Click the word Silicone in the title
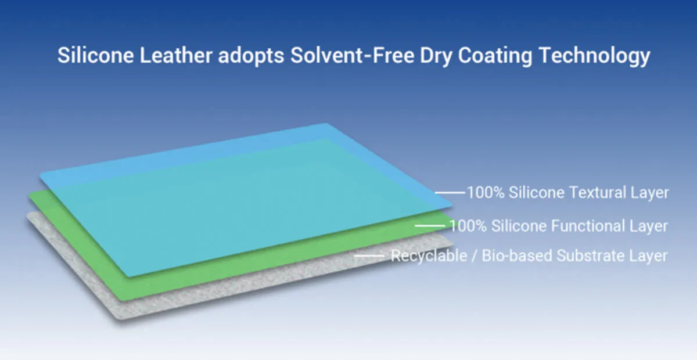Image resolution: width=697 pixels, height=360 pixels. click(95, 55)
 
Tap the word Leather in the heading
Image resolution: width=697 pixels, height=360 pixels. click(176, 55)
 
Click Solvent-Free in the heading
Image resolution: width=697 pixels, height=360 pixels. click(352, 55)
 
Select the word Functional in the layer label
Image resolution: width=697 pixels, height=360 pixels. click(588, 226)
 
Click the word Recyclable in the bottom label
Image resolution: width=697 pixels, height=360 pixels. click(429, 256)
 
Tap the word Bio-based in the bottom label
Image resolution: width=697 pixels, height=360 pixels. click(516, 255)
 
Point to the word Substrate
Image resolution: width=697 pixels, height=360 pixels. click(590, 255)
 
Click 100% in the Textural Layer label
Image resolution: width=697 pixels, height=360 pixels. click(486, 193)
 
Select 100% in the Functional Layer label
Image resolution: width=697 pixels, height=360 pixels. click(468, 226)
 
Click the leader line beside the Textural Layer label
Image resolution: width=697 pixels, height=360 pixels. click(450, 193)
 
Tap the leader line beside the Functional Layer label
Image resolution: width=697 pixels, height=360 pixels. click(430, 226)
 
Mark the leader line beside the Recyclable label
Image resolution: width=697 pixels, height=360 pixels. click(369, 256)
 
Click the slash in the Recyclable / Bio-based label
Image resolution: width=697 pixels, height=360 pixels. click(474, 256)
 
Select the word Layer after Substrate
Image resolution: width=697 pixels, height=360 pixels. click(648, 257)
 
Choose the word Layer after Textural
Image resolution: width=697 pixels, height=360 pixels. click(650, 193)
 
